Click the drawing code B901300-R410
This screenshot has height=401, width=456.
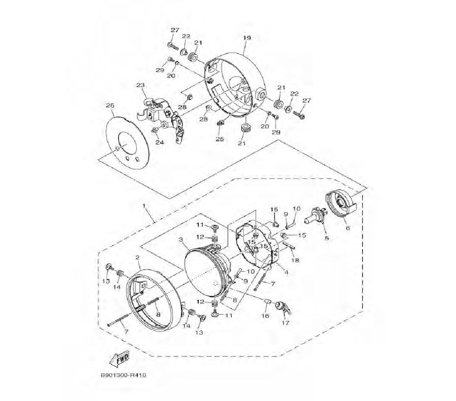[x=123, y=375]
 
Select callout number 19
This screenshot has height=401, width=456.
[x=247, y=38]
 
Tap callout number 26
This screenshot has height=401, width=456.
[x=110, y=105]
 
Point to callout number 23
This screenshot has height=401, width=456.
[x=140, y=85]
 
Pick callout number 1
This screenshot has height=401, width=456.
[x=144, y=206]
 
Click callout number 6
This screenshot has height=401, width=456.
[x=348, y=228]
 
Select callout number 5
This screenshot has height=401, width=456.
[x=326, y=238]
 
